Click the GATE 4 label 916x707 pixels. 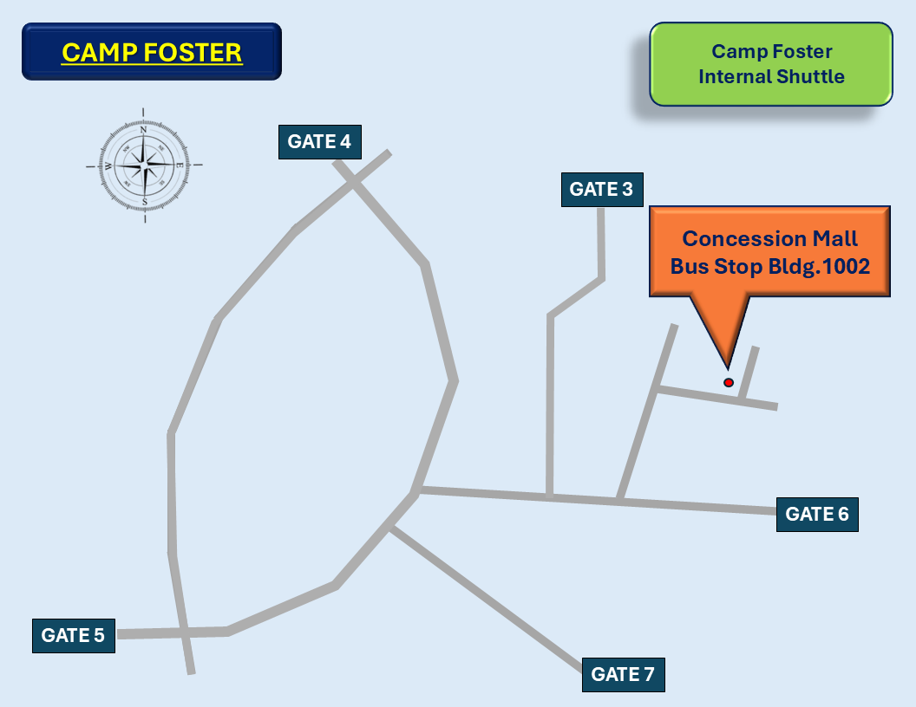click(x=319, y=142)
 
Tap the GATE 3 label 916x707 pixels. click(x=601, y=189)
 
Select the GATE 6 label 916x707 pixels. click(x=816, y=514)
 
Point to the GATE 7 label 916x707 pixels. click(x=623, y=674)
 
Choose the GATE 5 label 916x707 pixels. click(x=73, y=635)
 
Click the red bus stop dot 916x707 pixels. click(x=729, y=382)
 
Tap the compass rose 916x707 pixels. click(x=144, y=165)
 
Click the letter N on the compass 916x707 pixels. click(x=144, y=130)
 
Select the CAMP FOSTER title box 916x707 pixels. click(x=152, y=52)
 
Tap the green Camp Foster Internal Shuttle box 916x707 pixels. click(x=771, y=64)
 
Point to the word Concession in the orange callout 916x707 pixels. click(x=737, y=238)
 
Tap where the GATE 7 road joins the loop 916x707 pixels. click(x=390, y=527)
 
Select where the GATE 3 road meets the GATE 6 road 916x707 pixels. click(x=550, y=496)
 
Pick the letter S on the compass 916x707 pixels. click(x=144, y=201)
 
